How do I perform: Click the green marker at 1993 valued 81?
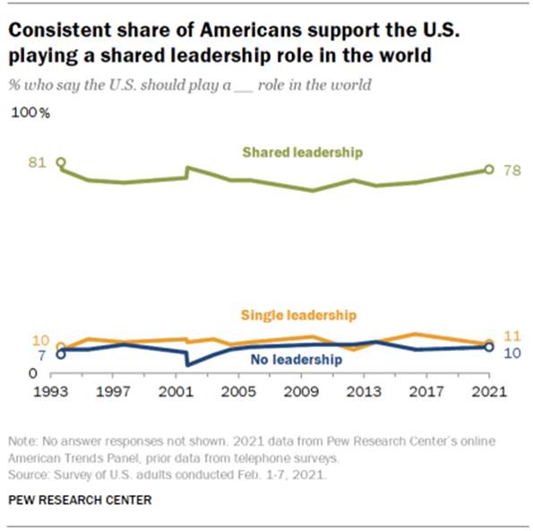[x=61, y=162]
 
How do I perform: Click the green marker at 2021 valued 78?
[x=489, y=169]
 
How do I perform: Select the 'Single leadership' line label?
[x=299, y=315]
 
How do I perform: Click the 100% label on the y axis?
[x=30, y=114]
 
